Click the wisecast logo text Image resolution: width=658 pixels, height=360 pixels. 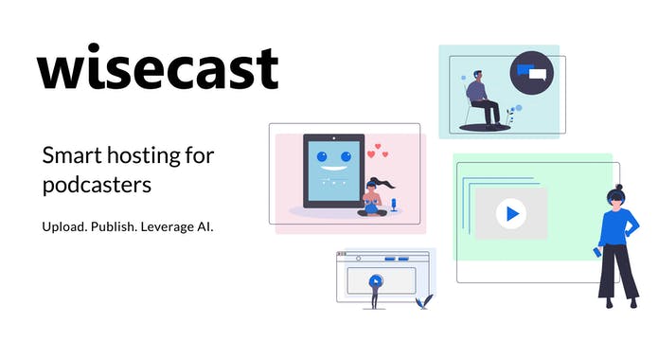tap(158, 68)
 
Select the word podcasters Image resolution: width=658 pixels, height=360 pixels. tap(97, 185)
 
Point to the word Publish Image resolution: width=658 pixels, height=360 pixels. tap(121, 227)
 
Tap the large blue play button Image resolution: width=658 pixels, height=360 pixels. tap(511, 213)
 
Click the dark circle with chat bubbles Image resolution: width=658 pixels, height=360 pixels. tap(531, 73)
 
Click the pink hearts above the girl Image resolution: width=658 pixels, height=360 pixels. tap(379, 151)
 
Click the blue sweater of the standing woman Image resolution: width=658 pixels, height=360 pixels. tap(617, 227)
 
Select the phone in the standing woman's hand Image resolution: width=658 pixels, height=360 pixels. tap(596, 253)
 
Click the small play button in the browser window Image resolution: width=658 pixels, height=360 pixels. tap(376, 280)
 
